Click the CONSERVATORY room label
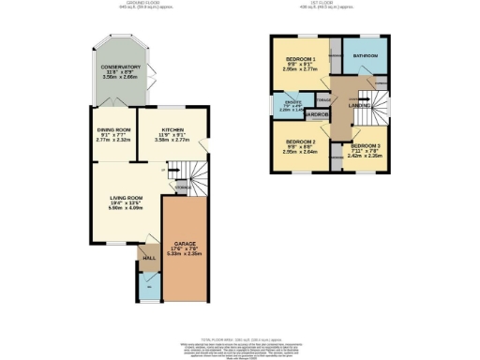click(121, 67)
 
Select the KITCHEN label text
click(172, 130)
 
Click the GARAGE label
click(183, 243)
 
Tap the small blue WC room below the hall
click(148, 284)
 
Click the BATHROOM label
click(365, 55)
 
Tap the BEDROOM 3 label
click(367, 147)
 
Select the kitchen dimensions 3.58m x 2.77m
click(172, 142)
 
